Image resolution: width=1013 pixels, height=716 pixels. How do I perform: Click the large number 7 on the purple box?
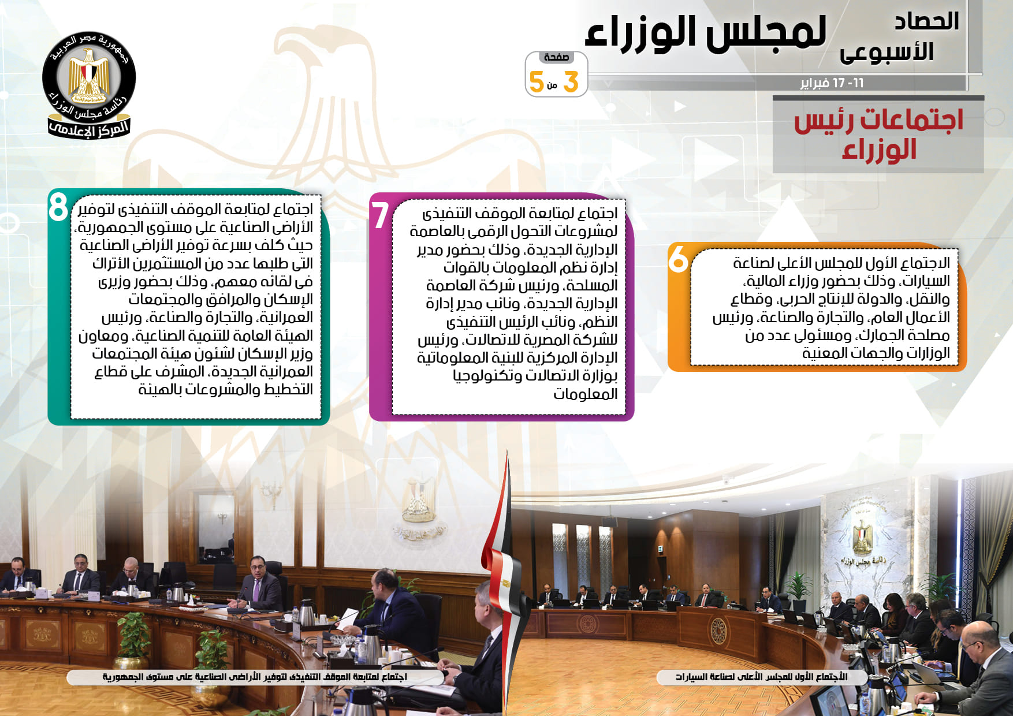(x=380, y=215)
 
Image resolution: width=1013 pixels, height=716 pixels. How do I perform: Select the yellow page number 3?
(x=571, y=82)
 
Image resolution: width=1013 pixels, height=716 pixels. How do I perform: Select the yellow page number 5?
(x=537, y=82)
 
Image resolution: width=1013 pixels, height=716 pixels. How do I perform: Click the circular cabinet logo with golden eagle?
(x=89, y=84)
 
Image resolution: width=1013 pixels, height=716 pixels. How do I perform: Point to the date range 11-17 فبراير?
(x=832, y=83)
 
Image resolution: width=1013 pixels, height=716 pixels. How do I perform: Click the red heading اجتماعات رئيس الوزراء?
(x=878, y=135)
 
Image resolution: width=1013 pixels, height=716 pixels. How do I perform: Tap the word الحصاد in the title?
(x=926, y=22)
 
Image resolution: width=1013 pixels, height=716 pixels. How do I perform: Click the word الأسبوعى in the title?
(x=887, y=52)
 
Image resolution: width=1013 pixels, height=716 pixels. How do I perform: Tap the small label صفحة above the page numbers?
(x=556, y=57)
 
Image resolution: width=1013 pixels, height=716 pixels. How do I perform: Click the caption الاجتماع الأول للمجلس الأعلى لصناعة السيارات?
(x=761, y=677)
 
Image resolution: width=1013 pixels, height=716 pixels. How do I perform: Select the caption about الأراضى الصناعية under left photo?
(x=255, y=677)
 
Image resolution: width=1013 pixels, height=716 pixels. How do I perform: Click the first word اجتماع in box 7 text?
(x=595, y=214)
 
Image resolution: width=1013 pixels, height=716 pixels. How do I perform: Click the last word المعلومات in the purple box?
(x=586, y=394)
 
